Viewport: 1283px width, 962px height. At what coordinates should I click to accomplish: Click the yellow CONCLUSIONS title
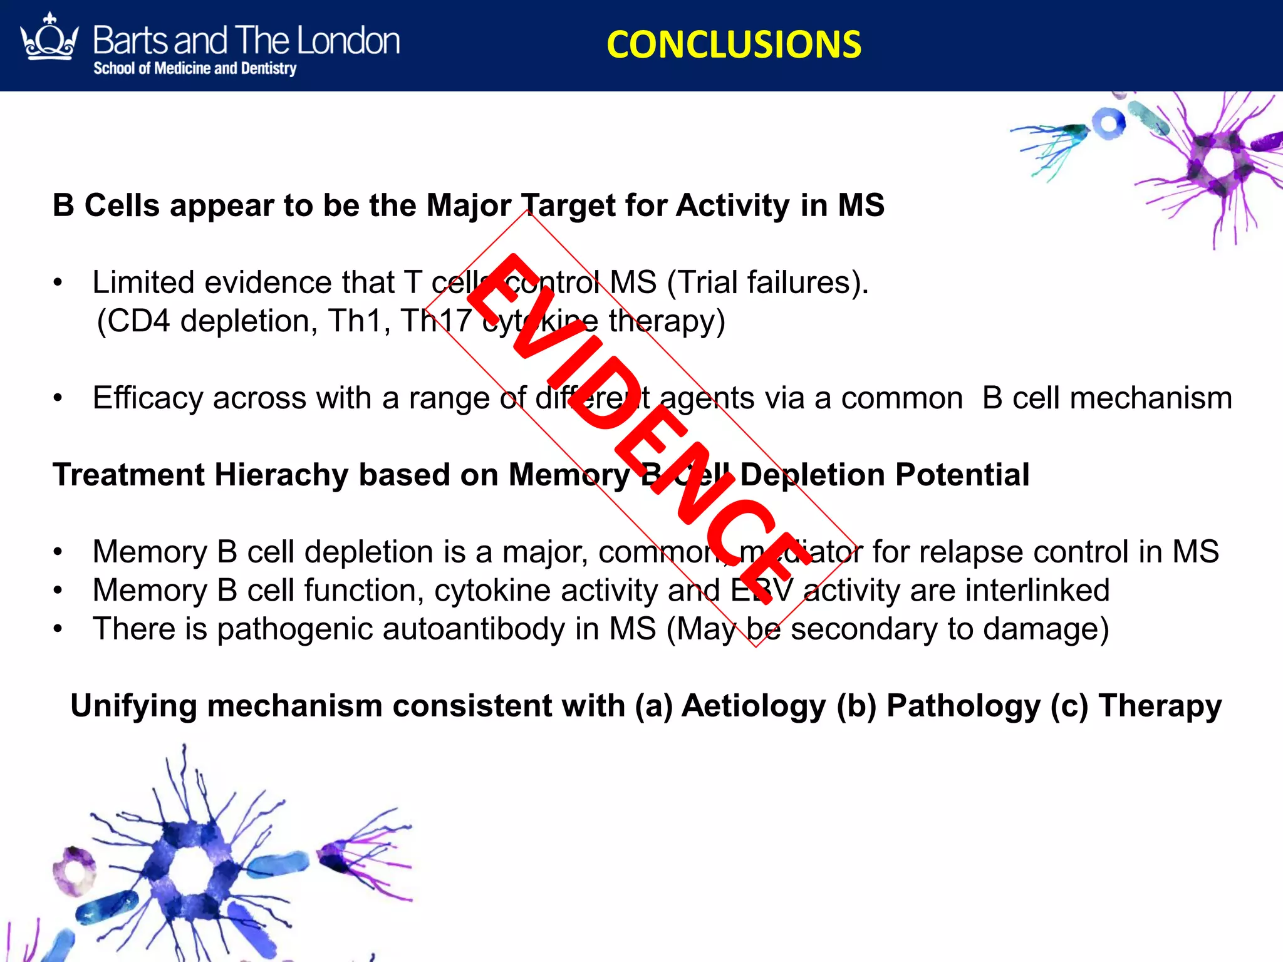click(734, 45)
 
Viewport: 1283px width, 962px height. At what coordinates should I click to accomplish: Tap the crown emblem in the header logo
click(49, 39)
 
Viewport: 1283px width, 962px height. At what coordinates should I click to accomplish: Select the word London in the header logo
click(348, 41)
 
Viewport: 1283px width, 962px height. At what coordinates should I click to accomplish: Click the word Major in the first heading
click(468, 205)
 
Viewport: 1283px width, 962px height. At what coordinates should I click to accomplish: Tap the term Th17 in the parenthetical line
click(436, 321)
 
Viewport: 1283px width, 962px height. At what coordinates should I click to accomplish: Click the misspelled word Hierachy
click(281, 475)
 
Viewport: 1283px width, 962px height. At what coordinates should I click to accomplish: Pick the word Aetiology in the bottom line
click(754, 706)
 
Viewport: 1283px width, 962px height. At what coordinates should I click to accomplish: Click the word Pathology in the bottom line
click(964, 706)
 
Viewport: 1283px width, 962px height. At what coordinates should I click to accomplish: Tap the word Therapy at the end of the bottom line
click(1160, 706)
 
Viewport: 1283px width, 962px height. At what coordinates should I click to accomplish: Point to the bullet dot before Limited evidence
click(58, 283)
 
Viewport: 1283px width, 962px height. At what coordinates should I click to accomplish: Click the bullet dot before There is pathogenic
click(58, 629)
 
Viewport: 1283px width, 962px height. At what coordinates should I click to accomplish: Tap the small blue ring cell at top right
click(1109, 124)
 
